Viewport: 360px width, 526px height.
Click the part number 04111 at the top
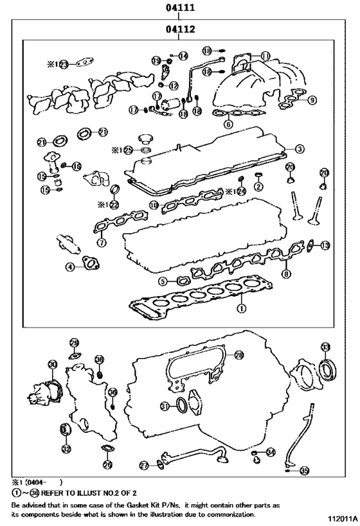[180, 8]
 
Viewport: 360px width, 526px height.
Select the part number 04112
[180, 29]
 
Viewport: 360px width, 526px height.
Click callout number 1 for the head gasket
[240, 308]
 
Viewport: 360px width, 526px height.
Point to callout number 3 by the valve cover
[300, 150]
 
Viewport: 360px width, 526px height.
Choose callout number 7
[101, 243]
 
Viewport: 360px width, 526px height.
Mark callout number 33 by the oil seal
[326, 347]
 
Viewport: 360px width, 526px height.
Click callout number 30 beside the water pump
[52, 364]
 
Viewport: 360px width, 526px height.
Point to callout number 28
[239, 355]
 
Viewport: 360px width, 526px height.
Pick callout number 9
[312, 100]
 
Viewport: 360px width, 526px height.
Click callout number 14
[183, 56]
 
